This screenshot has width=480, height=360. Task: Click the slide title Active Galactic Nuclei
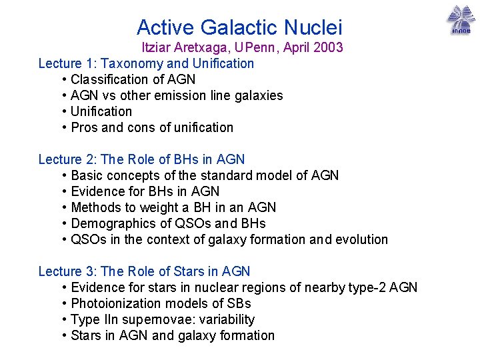239,27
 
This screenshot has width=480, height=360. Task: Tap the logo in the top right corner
460,20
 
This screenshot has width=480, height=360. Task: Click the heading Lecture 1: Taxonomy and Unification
146,63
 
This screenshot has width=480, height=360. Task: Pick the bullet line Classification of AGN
133,79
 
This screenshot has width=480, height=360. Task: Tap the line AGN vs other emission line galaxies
177,95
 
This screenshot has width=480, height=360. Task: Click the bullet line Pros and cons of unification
152,127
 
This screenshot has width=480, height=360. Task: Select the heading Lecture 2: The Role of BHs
141,159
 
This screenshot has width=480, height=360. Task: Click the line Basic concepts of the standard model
205,175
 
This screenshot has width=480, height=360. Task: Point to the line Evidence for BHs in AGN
145,191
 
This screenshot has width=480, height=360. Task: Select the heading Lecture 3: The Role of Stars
144,271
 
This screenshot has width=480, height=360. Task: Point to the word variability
228,319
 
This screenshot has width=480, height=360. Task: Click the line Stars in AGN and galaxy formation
173,335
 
